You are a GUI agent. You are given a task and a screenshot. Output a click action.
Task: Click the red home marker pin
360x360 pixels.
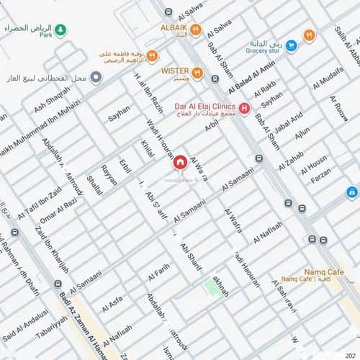tap(179, 162)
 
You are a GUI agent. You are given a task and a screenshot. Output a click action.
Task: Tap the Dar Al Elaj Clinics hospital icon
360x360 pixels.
tap(245, 109)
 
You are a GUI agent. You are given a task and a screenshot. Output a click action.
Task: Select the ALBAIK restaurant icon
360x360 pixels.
tap(196, 30)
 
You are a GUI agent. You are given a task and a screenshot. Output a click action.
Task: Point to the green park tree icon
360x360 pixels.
tap(61, 30)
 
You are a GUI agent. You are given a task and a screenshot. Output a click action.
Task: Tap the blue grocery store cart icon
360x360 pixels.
tap(291, 45)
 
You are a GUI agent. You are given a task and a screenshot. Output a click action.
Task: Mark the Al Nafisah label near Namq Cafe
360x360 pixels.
tap(268, 233)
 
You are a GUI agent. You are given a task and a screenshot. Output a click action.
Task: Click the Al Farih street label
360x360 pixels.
tap(159, 273)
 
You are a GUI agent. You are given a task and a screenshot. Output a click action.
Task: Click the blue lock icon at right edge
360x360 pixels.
tap(351, 192)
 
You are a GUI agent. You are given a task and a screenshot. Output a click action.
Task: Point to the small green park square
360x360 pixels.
tap(212, 287)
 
